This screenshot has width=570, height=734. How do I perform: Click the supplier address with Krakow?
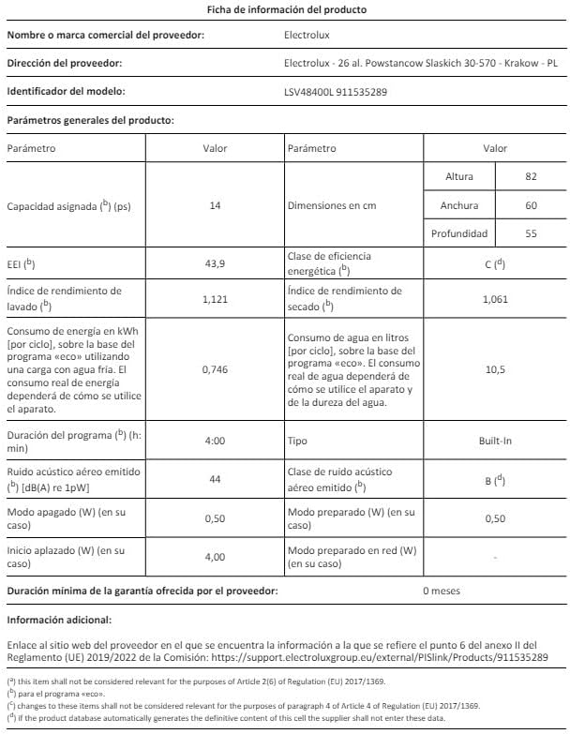(x=420, y=64)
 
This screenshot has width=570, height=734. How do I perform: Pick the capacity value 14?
(x=215, y=205)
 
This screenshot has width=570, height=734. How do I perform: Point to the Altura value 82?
(x=531, y=177)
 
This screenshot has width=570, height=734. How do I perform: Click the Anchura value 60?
(x=531, y=205)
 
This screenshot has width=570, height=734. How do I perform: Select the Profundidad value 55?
(x=531, y=233)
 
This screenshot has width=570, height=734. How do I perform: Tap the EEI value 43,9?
(x=215, y=263)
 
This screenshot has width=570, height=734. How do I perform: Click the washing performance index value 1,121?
(x=215, y=299)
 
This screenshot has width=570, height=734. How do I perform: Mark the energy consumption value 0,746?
(x=215, y=369)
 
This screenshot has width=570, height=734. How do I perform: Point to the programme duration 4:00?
(x=215, y=440)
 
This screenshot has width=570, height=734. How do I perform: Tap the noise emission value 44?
(x=215, y=478)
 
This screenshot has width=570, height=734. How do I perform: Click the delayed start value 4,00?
(x=215, y=557)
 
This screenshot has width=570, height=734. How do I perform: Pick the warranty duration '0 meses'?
(x=442, y=592)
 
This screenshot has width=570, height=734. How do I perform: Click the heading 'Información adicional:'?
(x=59, y=620)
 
